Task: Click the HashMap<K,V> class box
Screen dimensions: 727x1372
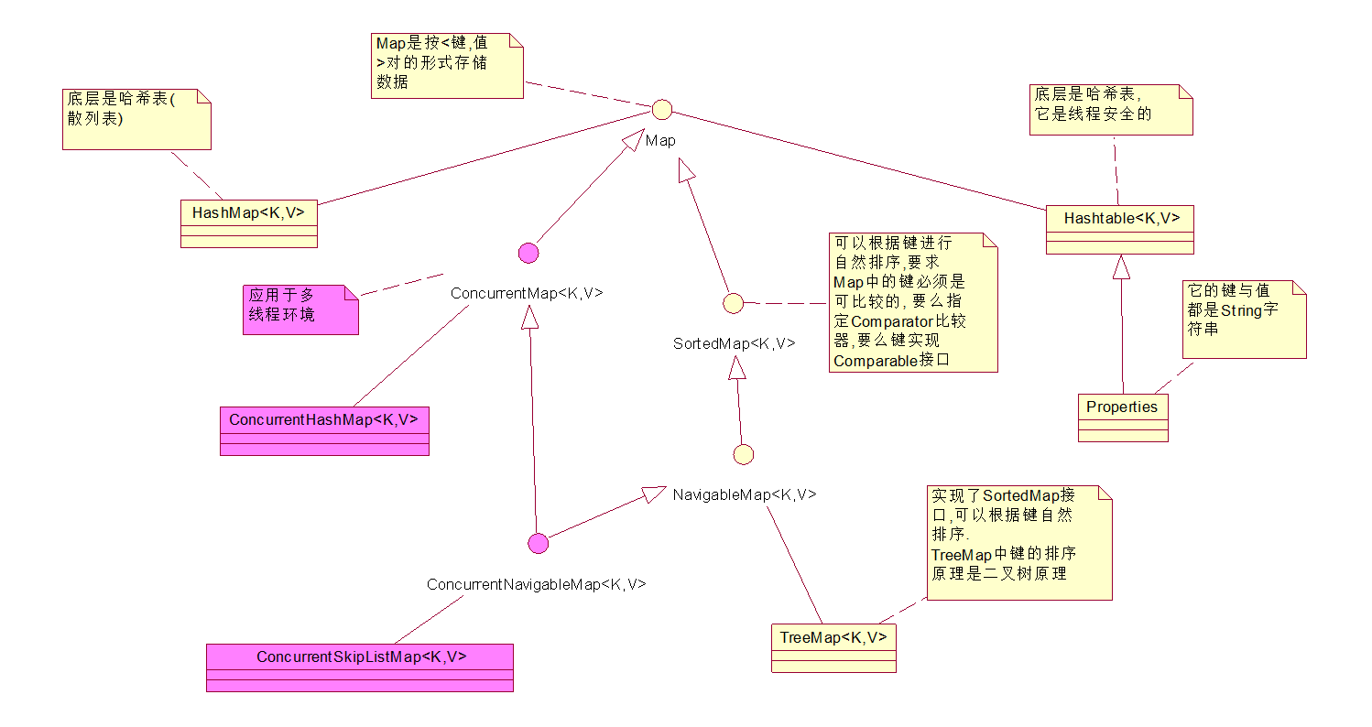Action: click(249, 222)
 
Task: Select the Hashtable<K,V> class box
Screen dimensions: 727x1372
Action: click(1119, 229)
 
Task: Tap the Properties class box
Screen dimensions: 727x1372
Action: click(1122, 418)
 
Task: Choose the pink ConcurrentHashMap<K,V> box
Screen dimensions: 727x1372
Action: click(324, 430)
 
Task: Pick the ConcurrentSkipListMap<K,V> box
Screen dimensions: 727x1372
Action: click(360, 667)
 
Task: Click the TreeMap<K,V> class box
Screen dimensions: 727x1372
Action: click(833, 648)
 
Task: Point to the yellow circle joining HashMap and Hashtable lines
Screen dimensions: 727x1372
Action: click(661, 110)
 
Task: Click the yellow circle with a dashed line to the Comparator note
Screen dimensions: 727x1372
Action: click(733, 303)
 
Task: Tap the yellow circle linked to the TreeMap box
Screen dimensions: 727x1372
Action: click(744, 454)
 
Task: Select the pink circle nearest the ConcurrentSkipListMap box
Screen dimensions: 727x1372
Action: click(539, 544)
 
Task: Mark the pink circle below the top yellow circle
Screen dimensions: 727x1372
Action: click(528, 254)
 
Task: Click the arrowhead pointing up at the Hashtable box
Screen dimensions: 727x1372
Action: click(1120, 267)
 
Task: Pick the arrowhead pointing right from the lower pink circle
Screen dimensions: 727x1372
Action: click(653, 494)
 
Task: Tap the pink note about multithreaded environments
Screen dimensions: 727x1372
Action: click(300, 309)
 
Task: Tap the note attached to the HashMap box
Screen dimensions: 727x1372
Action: click(136, 119)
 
